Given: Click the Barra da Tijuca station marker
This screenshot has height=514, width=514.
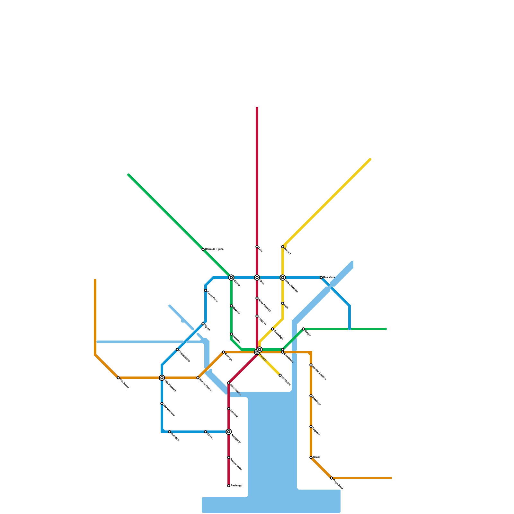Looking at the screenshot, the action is point(203,249).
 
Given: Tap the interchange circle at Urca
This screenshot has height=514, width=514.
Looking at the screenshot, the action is point(257,278).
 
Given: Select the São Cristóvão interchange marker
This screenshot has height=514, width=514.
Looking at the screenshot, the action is point(283,278).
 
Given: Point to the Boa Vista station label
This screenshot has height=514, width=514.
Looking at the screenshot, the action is point(329,277).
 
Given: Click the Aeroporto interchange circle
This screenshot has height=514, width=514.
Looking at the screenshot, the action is point(229,432).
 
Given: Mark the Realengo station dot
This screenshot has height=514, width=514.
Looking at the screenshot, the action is point(229,486).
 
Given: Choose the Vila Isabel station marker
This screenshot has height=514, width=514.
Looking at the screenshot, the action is point(118,378).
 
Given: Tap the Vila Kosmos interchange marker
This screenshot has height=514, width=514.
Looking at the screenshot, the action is point(162,378).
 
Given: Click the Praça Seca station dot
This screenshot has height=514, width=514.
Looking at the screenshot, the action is point(332,478).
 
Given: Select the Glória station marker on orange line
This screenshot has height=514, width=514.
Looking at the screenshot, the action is point(311,457).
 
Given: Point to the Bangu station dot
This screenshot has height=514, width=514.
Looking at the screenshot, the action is point(303,329).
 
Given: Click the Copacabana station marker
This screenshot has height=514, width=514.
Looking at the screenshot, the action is point(177,350).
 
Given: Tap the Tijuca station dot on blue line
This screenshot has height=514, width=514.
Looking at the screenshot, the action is point(203,324).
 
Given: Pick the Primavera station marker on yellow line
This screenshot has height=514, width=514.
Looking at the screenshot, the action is point(280,375).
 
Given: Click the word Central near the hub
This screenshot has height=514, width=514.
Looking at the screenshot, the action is point(263,358).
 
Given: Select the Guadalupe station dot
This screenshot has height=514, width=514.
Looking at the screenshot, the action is point(272,329).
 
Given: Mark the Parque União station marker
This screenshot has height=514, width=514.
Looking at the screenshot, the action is point(229,457).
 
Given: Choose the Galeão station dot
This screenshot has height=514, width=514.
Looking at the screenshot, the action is point(206,432).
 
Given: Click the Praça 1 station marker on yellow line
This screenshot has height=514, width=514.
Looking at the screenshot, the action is point(283,247).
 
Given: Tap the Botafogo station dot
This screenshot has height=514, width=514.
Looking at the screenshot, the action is point(311,396).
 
